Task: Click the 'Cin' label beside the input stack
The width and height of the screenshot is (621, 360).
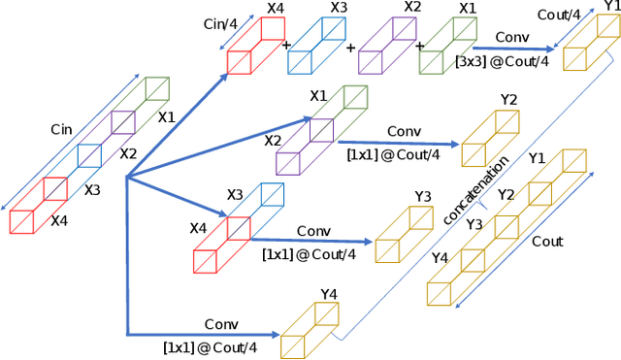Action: point(62,127)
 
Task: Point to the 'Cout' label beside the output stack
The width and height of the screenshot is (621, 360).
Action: point(547,240)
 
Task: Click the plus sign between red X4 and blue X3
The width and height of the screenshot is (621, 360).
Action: point(286,45)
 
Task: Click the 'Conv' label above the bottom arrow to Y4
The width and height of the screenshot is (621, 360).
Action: point(221,323)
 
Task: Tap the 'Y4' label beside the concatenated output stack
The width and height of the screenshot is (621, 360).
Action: point(440,258)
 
